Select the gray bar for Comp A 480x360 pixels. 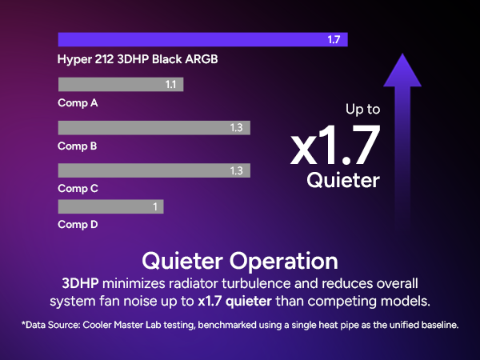coord(121,85)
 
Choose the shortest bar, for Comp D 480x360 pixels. coord(110,207)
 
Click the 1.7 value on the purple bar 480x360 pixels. coord(334,40)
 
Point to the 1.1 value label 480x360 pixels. coord(170,85)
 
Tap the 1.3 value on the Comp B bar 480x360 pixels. coord(236,128)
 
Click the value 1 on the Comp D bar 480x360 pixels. coord(154,207)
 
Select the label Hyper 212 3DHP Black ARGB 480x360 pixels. coord(138,60)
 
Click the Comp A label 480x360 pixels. coord(78,103)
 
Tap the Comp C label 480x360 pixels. coord(78,189)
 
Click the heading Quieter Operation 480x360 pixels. coord(239,261)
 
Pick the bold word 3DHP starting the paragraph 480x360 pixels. coord(82,284)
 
